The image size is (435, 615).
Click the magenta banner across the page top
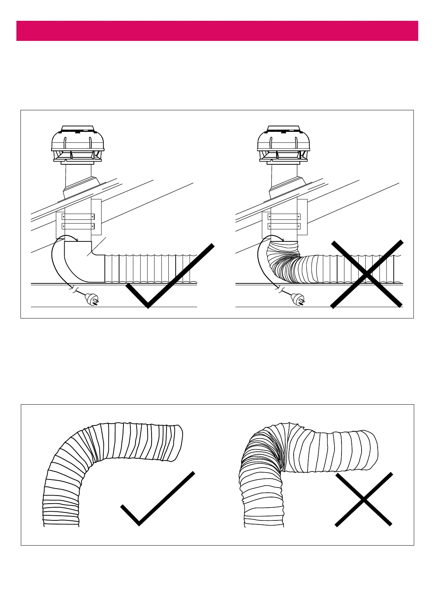click(x=217, y=31)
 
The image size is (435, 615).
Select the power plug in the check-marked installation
click(x=92, y=300)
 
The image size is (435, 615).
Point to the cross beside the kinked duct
click(x=363, y=500)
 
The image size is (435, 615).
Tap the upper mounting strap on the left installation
click(x=78, y=217)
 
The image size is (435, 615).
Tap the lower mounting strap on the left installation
click(x=78, y=226)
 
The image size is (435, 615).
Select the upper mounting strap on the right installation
click(x=284, y=217)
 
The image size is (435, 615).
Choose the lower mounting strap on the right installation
click(x=284, y=226)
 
